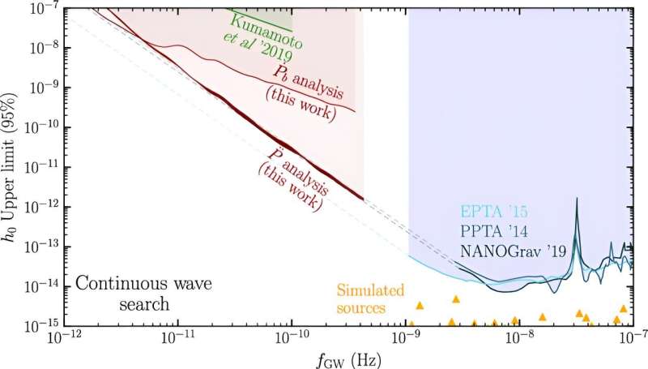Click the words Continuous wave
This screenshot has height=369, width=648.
pyautogui.click(x=134, y=285)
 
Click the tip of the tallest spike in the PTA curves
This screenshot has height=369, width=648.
pyautogui.click(x=578, y=198)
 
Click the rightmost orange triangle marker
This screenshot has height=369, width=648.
pyautogui.click(x=623, y=309)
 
